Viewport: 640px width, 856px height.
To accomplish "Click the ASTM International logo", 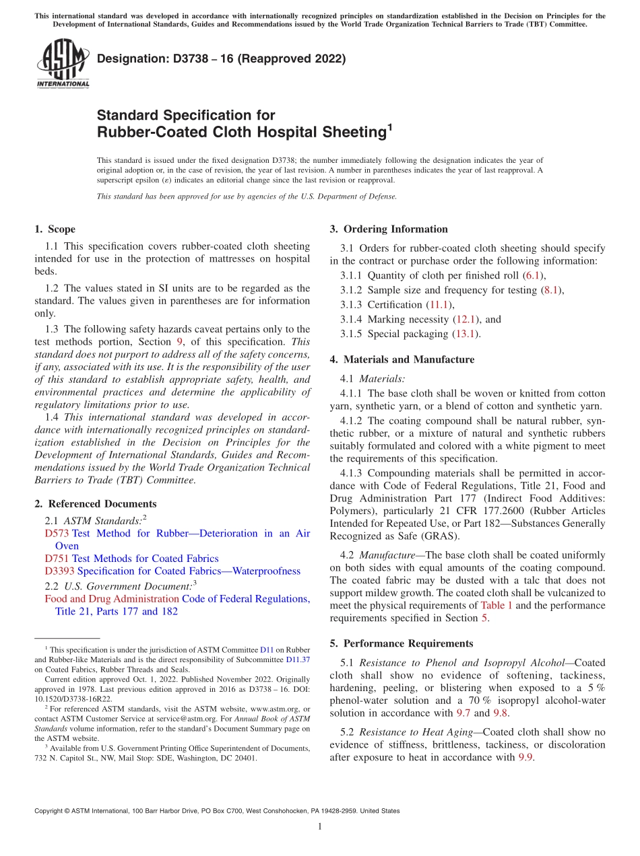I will tap(63, 65).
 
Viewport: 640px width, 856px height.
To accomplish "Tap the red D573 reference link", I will tap(57, 533).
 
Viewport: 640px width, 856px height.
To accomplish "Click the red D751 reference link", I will tap(57, 558).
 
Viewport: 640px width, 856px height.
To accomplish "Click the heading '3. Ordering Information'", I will tap(388, 229).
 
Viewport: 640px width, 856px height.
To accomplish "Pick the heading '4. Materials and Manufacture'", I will tap(402, 359).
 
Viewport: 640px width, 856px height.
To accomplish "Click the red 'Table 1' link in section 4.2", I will tap(497, 605).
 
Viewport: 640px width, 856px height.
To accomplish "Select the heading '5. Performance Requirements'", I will tap(401, 643).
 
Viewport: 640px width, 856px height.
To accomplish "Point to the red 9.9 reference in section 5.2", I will tap(525, 757).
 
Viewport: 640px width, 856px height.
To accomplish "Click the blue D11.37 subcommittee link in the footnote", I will tap(298, 660).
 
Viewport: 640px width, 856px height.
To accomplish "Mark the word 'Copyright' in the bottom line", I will tap(50, 811).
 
